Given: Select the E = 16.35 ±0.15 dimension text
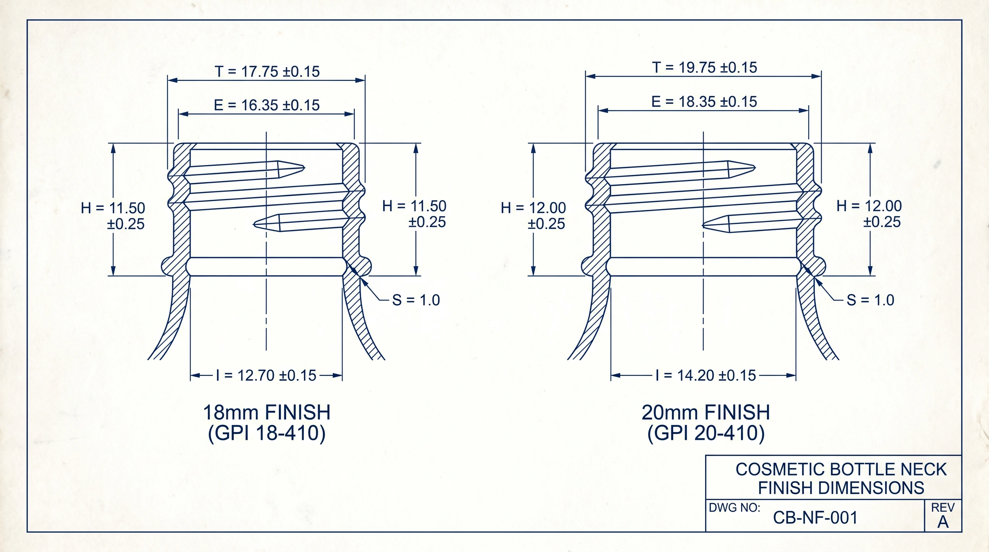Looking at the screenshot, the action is pyautogui.click(x=267, y=105).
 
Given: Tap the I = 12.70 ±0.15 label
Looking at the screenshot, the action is pyautogui.click(x=266, y=375).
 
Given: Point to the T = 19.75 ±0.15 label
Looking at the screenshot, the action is pyautogui.click(x=704, y=68).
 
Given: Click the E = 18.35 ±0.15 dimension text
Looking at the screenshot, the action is pyautogui.click(x=704, y=102).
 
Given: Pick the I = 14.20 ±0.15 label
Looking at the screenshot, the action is pyautogui.click(x=706, y=375).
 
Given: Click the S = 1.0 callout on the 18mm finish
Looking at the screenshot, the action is pyautogui.click(x=416, y=300).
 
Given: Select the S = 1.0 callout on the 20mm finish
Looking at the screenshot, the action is pyautogui.click(x=870, y=300).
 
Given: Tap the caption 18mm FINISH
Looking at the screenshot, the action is pyautogui.click(x=266, y=412).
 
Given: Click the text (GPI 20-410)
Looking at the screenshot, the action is pyautogui.click(x=706, y=433).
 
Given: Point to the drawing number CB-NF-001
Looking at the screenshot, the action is pyautogui.click(x=815, y=517).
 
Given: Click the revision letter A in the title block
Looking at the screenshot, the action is pyautogui.click(x=943, y=522).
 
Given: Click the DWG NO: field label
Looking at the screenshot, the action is pyautogui.click(x=735, y=507).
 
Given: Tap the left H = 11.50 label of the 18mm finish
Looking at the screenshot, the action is pyautogui.click(x=113, y=216).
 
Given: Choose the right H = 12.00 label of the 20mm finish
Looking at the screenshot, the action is pyautogui.click(x=869, y=214).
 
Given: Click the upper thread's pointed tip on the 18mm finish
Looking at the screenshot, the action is pyautogui.click(x=304, y=167).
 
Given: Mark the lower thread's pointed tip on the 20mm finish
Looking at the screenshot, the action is pyautogui.click(x=703, y=225).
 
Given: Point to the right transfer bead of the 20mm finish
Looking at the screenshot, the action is pyautogui.click(x=818, y=266).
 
